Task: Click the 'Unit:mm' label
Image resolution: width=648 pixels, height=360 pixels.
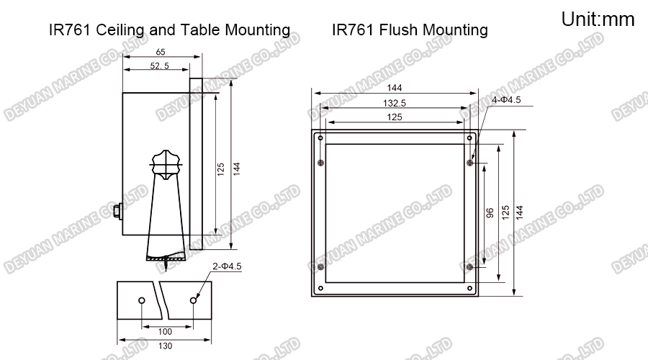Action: pos(598,19)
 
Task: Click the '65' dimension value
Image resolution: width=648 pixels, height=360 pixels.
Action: pos(161,52)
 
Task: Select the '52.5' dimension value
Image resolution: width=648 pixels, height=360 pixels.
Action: pos(160,66)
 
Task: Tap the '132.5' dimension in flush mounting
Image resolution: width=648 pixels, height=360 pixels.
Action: pos(395,103)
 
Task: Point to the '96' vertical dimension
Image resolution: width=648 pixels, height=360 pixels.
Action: pos(490,213)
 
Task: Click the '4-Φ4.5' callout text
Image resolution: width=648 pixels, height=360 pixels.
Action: pos(506,99)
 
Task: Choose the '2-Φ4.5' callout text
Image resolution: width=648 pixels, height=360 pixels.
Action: pos(227,266)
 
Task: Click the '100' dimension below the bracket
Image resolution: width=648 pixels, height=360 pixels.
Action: pos(165,331)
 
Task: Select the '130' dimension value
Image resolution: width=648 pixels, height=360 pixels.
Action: pos(165,346)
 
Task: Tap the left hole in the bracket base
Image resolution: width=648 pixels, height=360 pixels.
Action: pos(142,300)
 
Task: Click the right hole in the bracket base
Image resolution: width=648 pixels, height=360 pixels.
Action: pos(193,300)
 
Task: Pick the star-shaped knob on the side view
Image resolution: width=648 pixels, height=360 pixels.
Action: pos(166,165)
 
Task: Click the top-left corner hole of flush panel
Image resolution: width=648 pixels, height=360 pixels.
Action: pos(320,138)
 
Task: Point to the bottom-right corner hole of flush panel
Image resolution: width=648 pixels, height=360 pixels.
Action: pos(469,288)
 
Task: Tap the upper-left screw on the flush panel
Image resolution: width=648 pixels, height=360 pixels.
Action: pos(320,163)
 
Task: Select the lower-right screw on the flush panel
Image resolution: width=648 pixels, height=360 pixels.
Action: pos(469,267)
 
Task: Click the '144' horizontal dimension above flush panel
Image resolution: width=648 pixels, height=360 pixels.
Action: pos(395,88)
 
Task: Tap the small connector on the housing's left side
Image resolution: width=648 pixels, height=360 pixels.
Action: pos(118,212)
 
